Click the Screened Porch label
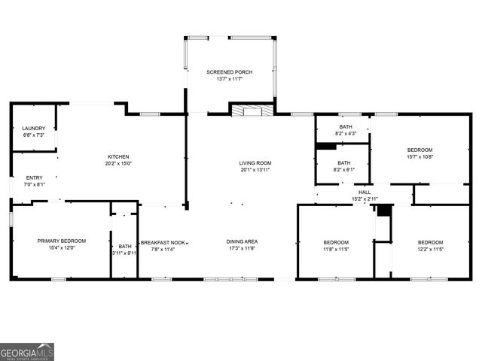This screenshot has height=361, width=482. [x=230, y=71]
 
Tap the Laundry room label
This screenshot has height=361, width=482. [x=33, y=129]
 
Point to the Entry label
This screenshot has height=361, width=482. [x=35, y=177]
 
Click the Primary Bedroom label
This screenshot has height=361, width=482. [x=62, y=241]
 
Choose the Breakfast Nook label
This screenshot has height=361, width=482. [x=163, y=241]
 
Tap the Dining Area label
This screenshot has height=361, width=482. [x=243, y=241]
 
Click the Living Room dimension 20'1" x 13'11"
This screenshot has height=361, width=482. [x=255, y=170]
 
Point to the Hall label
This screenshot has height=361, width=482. [x=365, y=193]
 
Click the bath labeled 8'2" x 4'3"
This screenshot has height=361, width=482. [x=346, y=130]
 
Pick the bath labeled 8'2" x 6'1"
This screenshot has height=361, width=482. [x=343, y=166]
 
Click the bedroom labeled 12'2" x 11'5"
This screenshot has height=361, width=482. [x=431, y=245]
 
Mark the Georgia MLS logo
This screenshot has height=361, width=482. [x=27, y=351]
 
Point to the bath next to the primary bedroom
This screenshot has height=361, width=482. [x=124, y=249]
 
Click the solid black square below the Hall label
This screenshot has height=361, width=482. [x=383, y=210]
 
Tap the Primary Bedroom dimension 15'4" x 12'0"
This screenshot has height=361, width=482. [x=62, y=247]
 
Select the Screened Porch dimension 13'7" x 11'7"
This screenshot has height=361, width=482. [x=230, y=78]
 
